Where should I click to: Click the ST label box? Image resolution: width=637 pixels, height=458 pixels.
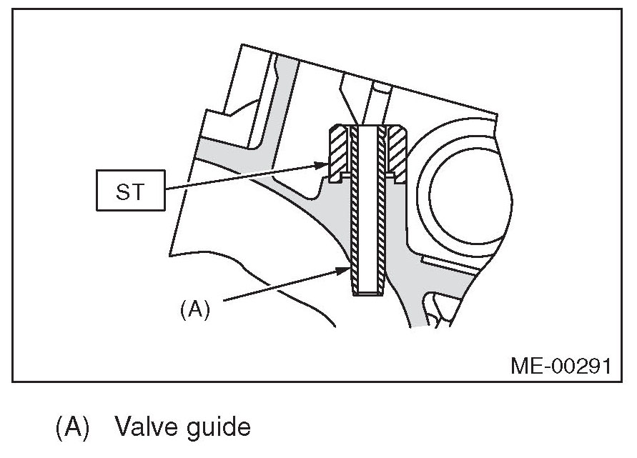[129, 191]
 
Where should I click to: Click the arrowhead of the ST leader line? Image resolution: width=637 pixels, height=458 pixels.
[322, 165]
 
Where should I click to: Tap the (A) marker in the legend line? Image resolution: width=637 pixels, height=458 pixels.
[71, 428]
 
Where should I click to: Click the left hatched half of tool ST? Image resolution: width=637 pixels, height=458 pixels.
[337, 152]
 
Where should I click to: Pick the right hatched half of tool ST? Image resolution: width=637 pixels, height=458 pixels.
[396, 152]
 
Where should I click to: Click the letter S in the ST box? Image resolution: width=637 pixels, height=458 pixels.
[122, 191]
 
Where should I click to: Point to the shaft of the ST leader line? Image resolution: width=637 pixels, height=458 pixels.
[243, 177]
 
